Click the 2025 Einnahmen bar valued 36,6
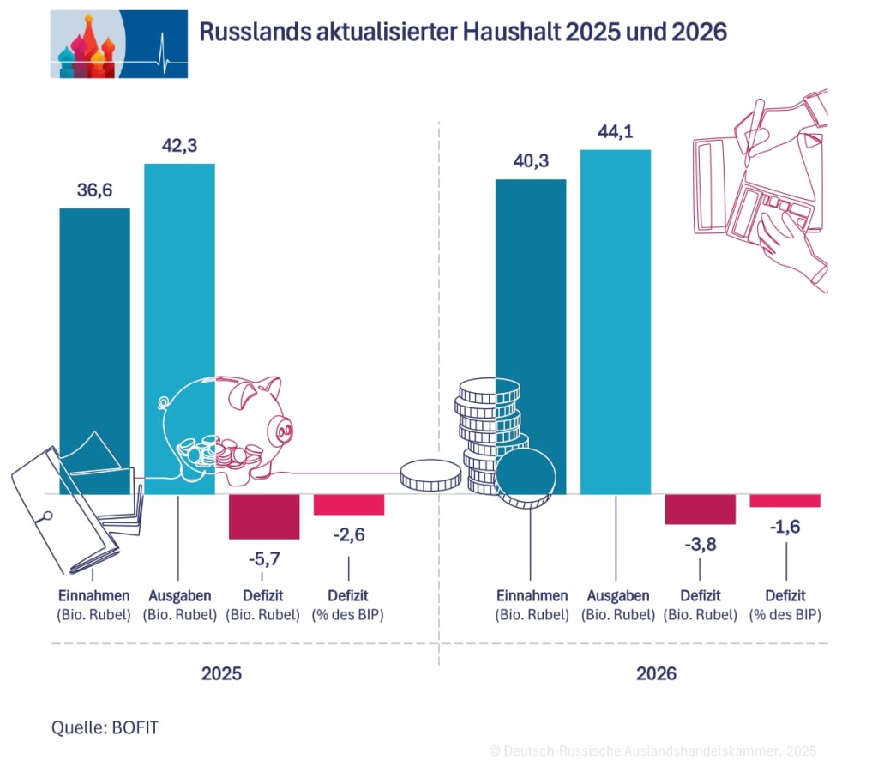94,343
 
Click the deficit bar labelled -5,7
264,516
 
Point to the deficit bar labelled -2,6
349,504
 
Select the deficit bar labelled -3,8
701,510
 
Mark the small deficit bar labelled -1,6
785,501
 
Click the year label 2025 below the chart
221,674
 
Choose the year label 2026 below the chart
656,674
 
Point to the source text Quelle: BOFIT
105,727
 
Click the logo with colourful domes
118,44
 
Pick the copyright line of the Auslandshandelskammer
652,750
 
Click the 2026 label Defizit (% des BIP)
785,605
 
